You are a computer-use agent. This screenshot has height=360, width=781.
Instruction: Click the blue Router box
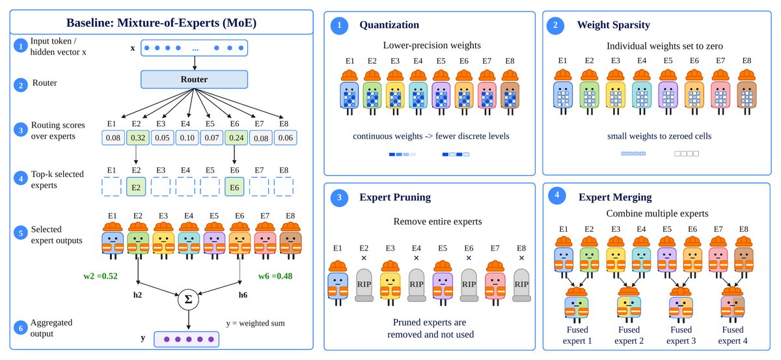tap(194, 79)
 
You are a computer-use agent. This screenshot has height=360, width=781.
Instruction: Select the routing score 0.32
tap(138, 138)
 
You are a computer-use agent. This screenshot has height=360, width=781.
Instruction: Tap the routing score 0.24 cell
tap(236, 138)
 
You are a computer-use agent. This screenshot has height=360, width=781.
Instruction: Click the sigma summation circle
tap(188, 299)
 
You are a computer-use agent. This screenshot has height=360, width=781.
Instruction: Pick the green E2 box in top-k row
tap(136, 187)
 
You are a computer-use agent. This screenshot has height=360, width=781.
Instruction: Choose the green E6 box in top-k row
tap(234, 187)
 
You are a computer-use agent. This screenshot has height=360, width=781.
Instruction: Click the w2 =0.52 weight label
tap(100, 276)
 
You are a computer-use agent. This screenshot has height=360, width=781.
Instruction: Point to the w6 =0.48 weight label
tap(275, 276)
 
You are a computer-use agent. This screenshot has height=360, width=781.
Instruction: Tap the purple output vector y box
tap(187, 339)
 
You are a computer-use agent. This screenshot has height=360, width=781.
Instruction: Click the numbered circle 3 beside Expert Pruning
tap(339, 198)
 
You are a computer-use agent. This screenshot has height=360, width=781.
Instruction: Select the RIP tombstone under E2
tap(364, 285)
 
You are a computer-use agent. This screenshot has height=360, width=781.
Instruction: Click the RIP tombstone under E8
tap(521, 285)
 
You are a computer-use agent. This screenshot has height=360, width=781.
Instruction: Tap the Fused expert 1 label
tap(577, 335)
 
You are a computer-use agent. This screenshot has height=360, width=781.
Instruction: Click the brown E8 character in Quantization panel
tap(510, 92)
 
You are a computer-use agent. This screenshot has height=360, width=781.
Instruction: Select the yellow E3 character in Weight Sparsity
tap(616, 92)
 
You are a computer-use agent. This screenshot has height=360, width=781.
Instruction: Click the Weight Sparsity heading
tap(614, 25)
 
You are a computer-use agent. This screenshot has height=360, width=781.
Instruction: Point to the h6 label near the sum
tap(243, 295)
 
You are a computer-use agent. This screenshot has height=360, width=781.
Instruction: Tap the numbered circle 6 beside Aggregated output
tap(21, 328)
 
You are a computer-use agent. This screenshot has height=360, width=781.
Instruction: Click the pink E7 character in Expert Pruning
tap(495, 283)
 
